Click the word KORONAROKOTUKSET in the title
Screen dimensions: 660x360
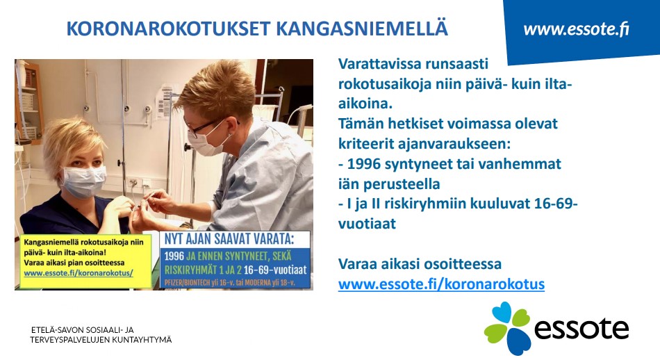pos(169,28)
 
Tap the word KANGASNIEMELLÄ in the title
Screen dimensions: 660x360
pos(362,28)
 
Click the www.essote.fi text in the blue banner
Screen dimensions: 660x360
pos(576,29)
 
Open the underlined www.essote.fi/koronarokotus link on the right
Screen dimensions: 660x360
pos(442,284)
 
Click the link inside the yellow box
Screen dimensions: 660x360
pos(79,273)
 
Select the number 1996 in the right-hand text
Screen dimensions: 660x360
pos(365,163)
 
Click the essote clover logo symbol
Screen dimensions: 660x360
pos(506,327)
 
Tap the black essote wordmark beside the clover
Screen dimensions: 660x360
pos(581,329)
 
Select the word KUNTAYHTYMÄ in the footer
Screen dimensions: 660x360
pos(146,340)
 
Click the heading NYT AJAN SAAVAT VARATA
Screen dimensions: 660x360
pos(229,239)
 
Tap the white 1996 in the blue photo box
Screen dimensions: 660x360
pos(174,256)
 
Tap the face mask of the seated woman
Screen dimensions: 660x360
pos(84,181)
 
